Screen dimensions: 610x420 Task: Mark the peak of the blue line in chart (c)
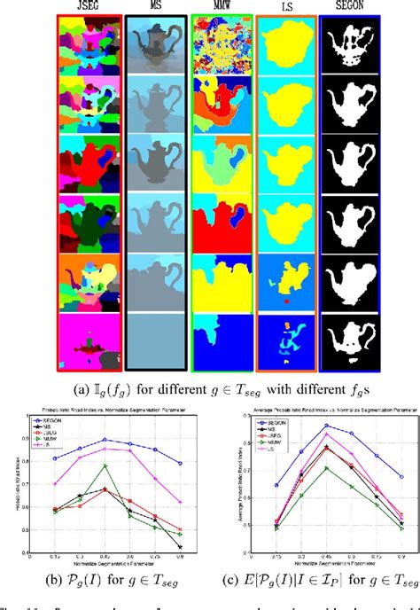click(x=326, y=426)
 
